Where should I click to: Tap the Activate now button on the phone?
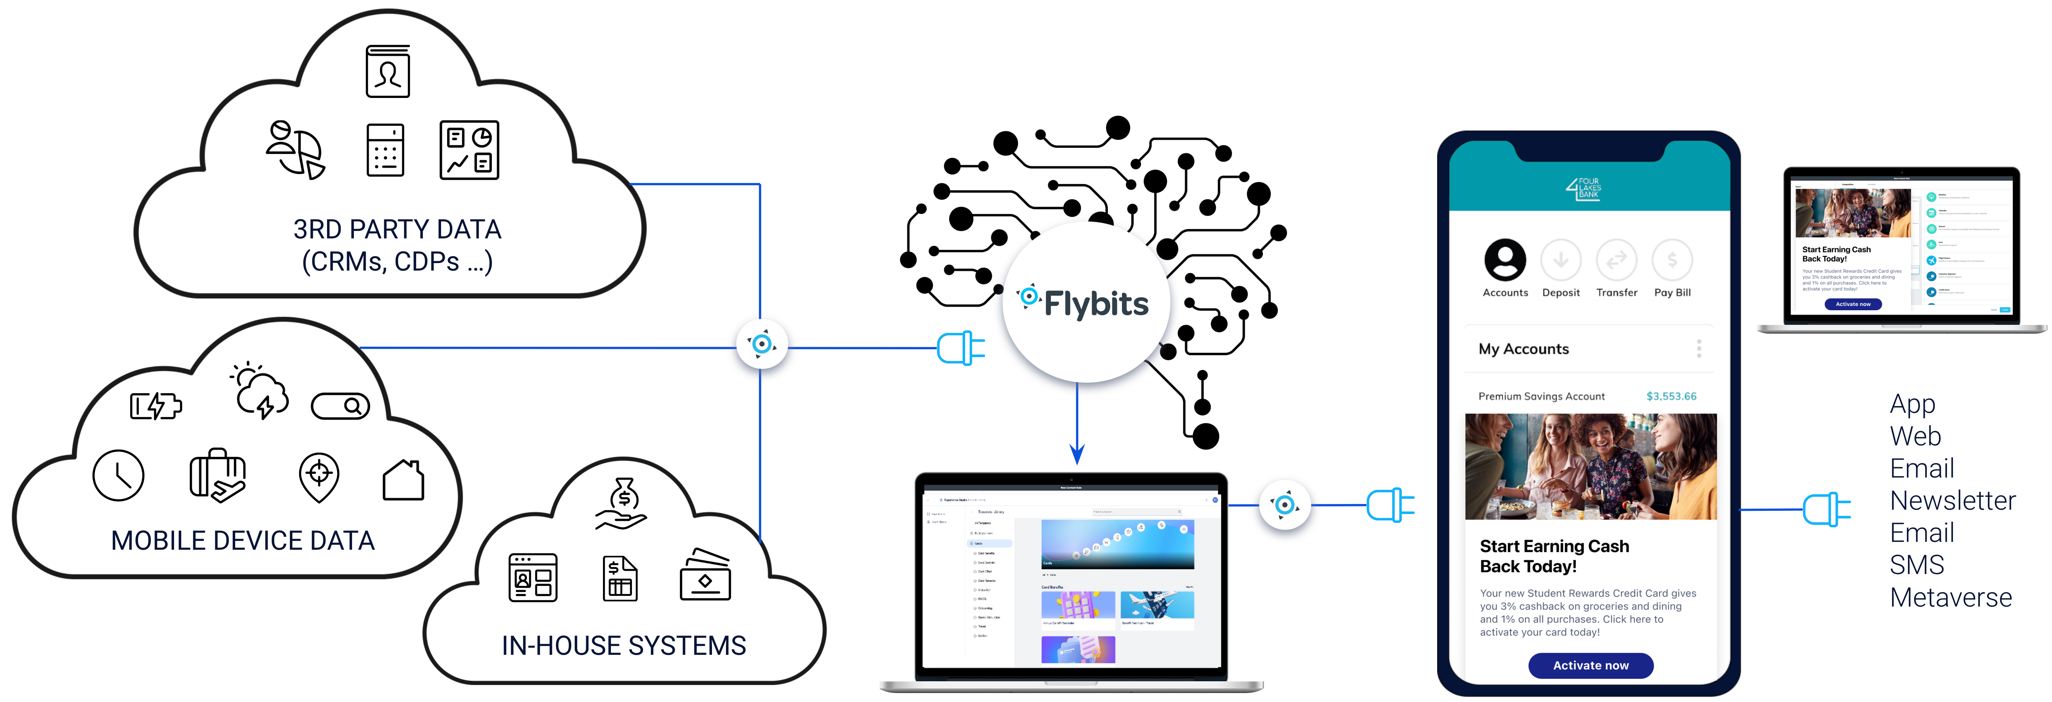pos(1590,665)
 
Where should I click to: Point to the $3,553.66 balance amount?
pos(1671,396)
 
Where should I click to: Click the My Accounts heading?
pos(1523,349)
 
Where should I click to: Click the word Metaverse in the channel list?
pos(1951,598)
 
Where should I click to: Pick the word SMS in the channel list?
pos(1917,565)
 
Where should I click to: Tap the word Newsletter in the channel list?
pos(1952,500)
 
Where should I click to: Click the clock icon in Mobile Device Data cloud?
pos(118,476)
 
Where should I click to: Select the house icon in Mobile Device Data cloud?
pos(403,480)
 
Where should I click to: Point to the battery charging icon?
pos(156,406)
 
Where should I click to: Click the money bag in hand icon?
pos(622,504)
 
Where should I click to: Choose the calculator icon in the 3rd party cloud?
pos(386,150)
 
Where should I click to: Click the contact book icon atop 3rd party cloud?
pos(388,72)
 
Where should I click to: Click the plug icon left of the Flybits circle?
pos(961,348)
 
